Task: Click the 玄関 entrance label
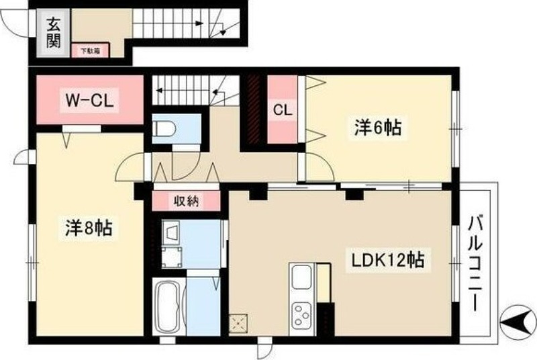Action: (x=53, y=33)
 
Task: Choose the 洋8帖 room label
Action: (x=88, y=229)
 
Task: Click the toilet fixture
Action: (x=164, y=128)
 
